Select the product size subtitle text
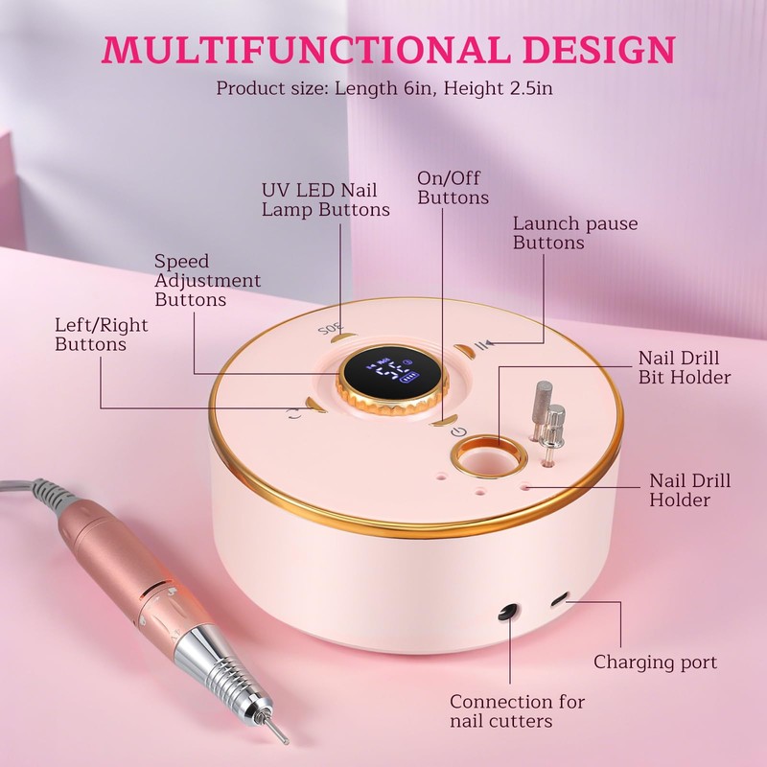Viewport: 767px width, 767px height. coord(384,88)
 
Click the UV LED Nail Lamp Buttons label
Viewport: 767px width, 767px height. coord(326,199)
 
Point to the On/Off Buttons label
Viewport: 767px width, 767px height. coord(453,188)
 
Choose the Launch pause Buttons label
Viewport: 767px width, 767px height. coord(575,233)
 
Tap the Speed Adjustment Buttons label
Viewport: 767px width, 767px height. coord(207,280)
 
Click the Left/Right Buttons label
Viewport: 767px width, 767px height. coord(102,335)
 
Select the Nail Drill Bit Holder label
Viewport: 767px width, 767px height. coord(685,368)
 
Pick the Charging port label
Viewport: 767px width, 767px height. coord(656,662)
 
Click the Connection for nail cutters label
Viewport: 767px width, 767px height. coord(518,711)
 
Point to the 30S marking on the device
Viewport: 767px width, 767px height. coord(332,328)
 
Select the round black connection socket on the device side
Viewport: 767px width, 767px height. coord(507,613)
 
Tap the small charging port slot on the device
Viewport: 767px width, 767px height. coord(559,597)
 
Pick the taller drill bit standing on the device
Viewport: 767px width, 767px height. coord(541,411)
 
